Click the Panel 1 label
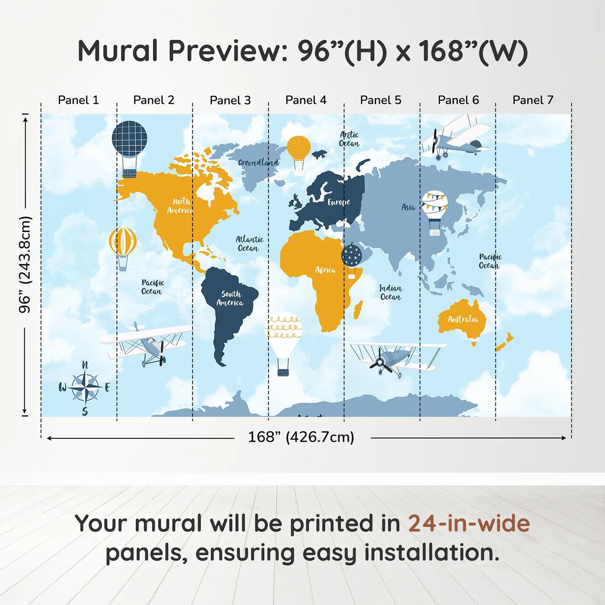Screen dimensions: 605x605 click(x=78, y=100)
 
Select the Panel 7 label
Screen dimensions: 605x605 click(x=533, y=100)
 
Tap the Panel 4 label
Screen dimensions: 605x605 click(x=306, y=100)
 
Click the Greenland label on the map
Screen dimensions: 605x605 click(x=258, y=162)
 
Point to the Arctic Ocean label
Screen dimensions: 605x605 click(x=349, y=139)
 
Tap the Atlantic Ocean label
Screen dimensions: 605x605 click(x=250, y=244)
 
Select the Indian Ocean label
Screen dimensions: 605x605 click(x=390, y=292)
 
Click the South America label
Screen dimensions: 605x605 click(x=230, y=298)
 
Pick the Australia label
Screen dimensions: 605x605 click(x=463, y=319)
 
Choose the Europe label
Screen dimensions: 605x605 click(x=339, y=202)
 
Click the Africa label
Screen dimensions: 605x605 click(x=325, y=270)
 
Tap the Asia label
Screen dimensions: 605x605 click(x=408, y=207)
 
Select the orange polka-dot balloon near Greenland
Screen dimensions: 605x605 click(x=299, y=153)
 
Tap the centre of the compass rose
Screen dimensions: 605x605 click(x=85, y=388)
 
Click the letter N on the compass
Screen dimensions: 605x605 click(x=85, y=365)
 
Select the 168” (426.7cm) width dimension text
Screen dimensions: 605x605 click(x=301, y=437)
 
